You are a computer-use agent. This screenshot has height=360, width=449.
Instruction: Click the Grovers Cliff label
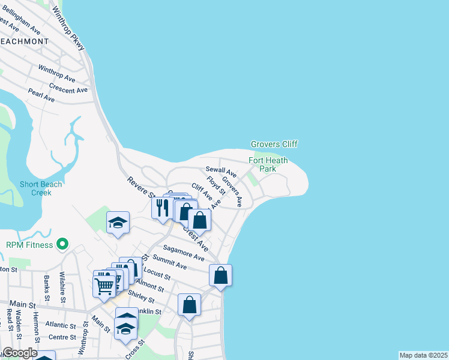(274, 144)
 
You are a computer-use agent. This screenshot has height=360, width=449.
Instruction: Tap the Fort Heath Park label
(268, 164)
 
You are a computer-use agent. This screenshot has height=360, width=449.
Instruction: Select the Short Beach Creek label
(41, 188)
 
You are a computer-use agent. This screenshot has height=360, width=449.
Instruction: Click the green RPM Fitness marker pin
(61, 244)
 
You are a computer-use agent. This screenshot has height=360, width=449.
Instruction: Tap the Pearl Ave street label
(41, 95)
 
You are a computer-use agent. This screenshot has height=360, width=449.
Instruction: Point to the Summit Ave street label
(170, 262)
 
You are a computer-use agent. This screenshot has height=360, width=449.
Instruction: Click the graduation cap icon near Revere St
(118, 223)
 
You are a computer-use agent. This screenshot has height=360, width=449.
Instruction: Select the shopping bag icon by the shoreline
(220, 275)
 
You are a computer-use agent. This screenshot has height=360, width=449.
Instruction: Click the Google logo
(20, 353)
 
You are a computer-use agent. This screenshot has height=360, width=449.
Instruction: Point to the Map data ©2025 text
(424, 355)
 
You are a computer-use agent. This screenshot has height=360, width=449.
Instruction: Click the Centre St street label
(62, 337)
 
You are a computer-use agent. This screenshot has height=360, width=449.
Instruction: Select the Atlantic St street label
(61, 326)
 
